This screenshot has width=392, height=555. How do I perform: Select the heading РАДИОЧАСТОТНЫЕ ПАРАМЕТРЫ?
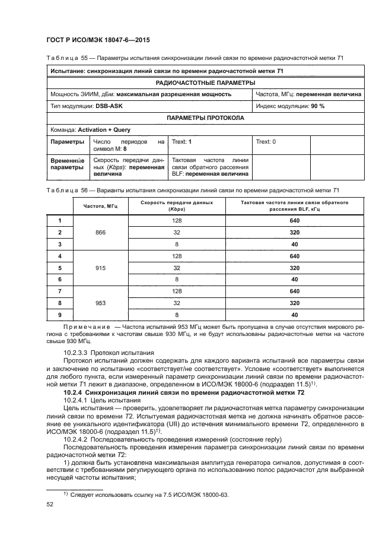pyautogui.click(x=205, y=83)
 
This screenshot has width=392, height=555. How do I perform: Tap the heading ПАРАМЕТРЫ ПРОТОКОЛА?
pyautogui.click(x=205, y=118)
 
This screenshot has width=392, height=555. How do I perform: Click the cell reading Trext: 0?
pyautogui.click(x=266, y=142)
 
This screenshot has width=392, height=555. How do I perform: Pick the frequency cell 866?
pyautogui.click(x=100, y=232)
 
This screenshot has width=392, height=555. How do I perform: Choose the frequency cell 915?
pyautogui.click(x=100, y=267)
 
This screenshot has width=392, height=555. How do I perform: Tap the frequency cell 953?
pyautogui.click(x=100, y=302)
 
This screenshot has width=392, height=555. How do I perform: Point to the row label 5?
pyautogui.click(x=60, y=267)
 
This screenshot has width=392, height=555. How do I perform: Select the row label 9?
pyautogui.click(x=60, y=314)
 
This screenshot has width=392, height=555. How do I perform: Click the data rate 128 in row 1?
pyautogui.click(x=177, y=221)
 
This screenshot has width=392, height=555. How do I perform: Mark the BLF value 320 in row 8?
pyautogui.click(x=294, y=302)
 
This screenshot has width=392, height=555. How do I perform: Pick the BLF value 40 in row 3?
pyautogui.click(x=294, y=244)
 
